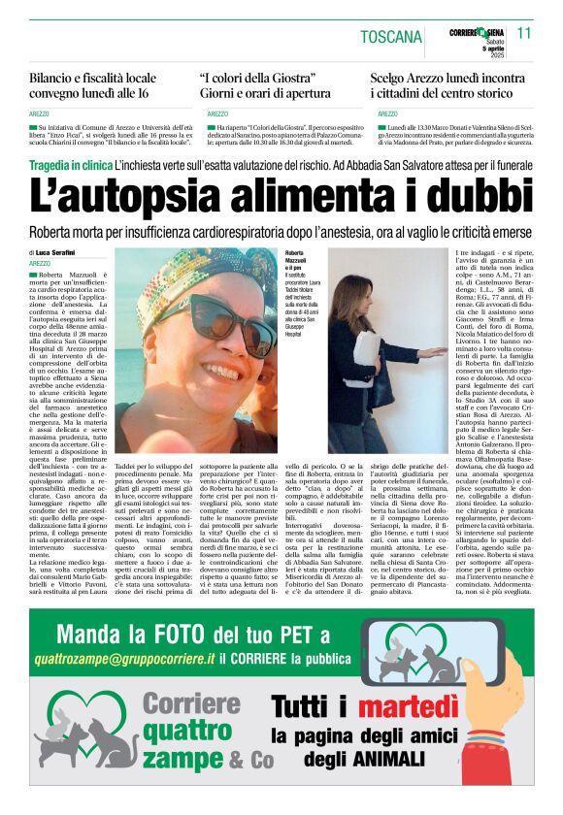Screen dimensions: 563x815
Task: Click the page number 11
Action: coord(525,33)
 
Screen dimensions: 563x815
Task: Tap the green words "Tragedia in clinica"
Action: coord(69,166)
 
